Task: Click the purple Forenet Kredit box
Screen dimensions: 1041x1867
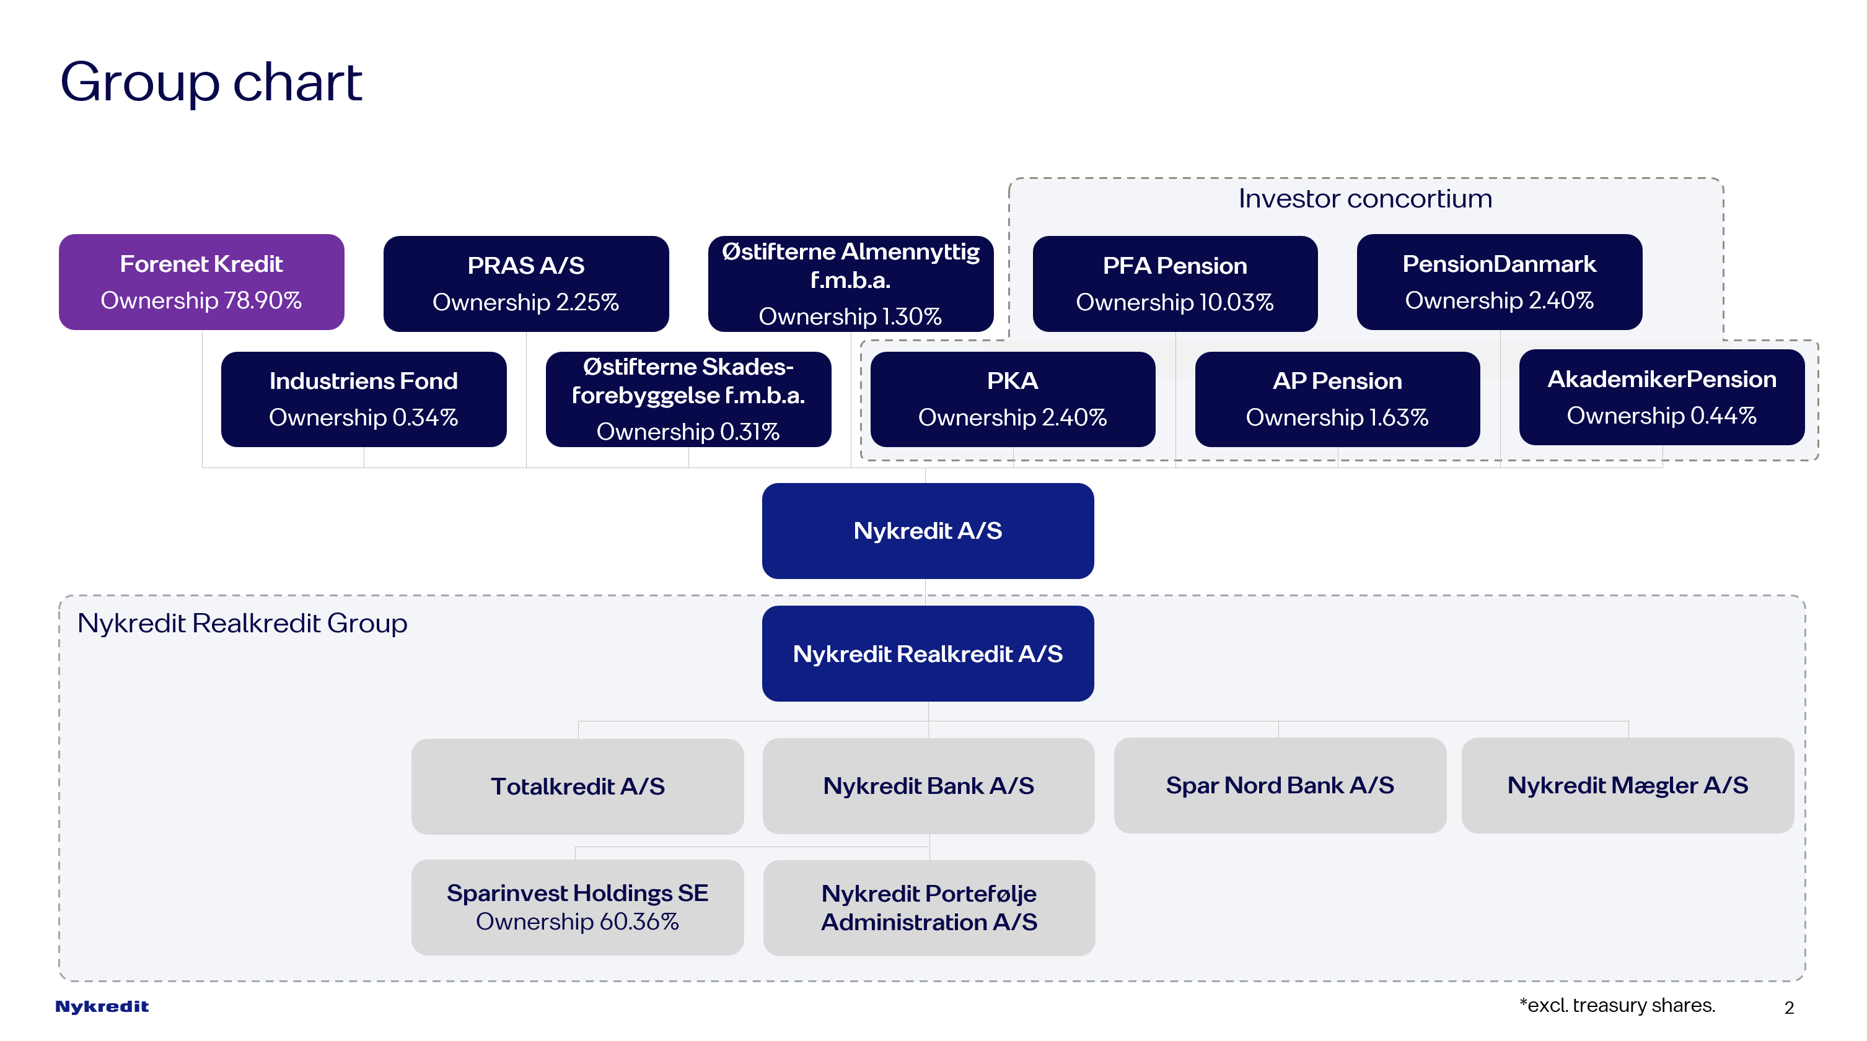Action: tap(201, 282)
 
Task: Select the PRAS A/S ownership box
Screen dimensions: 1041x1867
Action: tap(525, 283)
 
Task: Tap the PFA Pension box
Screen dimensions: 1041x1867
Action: tap(1174, 283)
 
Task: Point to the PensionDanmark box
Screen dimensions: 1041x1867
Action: tap(1499, 282)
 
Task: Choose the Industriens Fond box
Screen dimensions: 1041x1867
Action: tap(363, 399)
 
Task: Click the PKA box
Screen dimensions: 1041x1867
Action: tap(1012, 399)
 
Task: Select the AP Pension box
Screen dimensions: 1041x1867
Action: tap(1337, 399)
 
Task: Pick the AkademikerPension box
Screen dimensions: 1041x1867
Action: tap(1661, 397)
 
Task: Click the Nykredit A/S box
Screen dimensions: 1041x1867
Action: tap(928, 531)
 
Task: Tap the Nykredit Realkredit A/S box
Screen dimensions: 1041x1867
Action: tap(928, 653)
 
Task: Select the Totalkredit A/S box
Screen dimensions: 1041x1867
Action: tap(577, 786)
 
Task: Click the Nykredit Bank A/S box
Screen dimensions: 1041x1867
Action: tap(928, 786)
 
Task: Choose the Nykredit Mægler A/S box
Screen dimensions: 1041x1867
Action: tap(1627, 785)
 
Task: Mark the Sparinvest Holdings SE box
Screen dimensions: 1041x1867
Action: tap(577, 907)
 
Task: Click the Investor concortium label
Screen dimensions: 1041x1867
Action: tap(1364, 199)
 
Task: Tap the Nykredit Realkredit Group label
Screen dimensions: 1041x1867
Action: tap(242, 623)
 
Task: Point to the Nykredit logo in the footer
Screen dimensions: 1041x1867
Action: tap(102, 1006)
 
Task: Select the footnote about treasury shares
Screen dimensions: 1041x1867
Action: tap(1617, 1006)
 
